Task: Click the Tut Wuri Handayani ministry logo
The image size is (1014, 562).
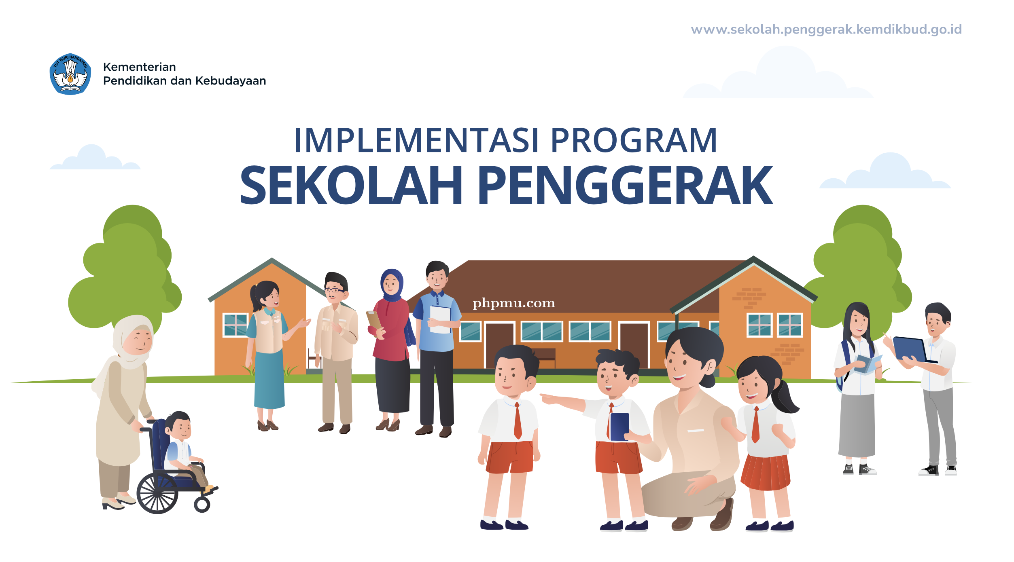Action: pyautogui.click(x=70, y=74)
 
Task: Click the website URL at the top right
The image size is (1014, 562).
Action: pyautogui.click(x=826, y=30)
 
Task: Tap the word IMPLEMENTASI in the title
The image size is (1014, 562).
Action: pyautogui.click(x=417, y=141)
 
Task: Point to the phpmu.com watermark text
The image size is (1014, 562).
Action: pyautogui.click(x=514, y=303)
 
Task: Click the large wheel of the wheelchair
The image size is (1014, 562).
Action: pyautogui.click(x=157, y=493)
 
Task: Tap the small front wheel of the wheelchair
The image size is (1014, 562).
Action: pyautogui.click(x=202, y=504)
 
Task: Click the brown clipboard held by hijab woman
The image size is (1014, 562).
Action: pyautogui.click(x=374, y=320)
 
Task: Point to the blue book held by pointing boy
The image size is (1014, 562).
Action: pyautogui.click(x=619, y=427)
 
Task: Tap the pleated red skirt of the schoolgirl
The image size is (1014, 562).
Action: pyautogui.click(x=766, y=472)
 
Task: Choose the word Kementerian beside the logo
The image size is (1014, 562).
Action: pyautogui.click(x=140, y=67)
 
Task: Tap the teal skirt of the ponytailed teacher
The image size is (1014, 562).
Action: pyautogui.click(x=269, y=380)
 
